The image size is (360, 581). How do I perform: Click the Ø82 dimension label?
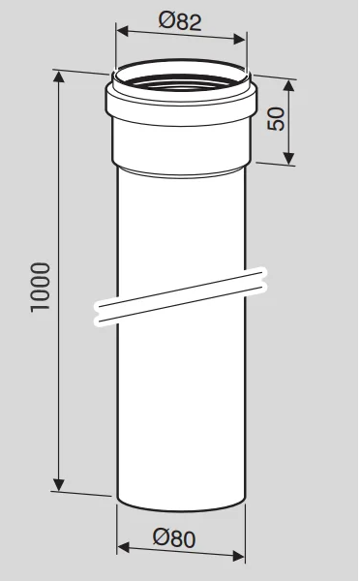coord(180,21)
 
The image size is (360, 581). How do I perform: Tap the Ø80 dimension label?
coord(174,538)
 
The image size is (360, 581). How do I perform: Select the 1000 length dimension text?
coord(40,288)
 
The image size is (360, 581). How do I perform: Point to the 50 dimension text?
coord(276,118)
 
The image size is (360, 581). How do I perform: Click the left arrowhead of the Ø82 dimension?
coord(122,31)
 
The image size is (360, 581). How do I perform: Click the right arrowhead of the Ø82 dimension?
coord(239,39)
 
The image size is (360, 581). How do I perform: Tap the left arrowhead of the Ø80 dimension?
coord(123,547)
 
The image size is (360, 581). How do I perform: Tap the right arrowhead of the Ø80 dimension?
coord(238,556)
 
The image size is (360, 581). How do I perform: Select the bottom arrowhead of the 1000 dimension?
coord(58,484)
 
